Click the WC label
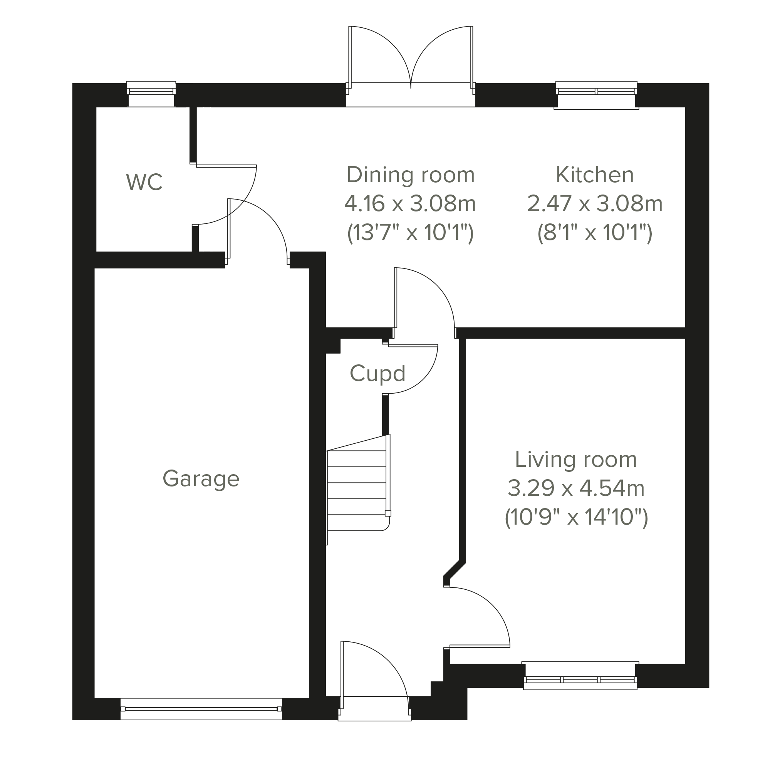pyautogui.click(x=144, y=182)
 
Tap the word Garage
pyautogui.click(x=201, y=479)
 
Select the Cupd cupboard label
pyautogui.click(x=377, y=374)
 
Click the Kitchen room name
pyautogui.click(x=595, y=175)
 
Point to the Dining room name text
pyautogui.click(x=411, y=175)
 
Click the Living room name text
pyautogui.click(x=576, y=460)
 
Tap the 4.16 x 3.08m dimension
pyautogui.click(x=410, y=203)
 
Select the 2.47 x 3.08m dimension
pyautogui.click(x=595, y=203)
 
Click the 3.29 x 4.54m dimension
pyautogui.click(x=576, y=488)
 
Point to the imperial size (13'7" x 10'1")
pyautogui.click(x=410, y=233)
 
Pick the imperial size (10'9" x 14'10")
pyautogui.click(x=576, y=518)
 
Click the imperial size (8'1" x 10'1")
pyautogui.click(x=595, y=233)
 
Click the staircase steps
pyautogui.click(x=357, y=490)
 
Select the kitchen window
pyautogui.click(x=596, y=95)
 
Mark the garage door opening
pyautogui.click(x=201, y=709)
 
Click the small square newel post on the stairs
pyautogui.click(x=388, y=513)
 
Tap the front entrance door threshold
pyautogui.click(x=375, y=709)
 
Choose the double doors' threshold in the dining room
pyautogui.click(x=411, y=95)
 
